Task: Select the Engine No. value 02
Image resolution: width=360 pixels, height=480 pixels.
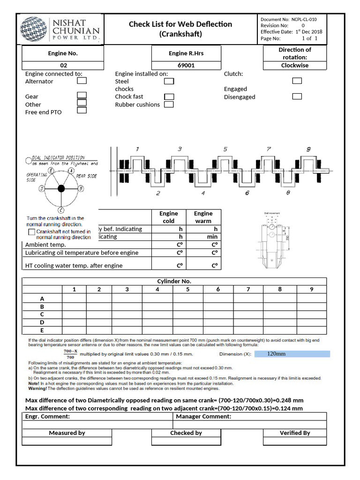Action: point(63,66)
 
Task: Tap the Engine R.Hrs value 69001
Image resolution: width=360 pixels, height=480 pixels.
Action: point(186,66)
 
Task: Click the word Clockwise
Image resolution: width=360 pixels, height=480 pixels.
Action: point(294,66)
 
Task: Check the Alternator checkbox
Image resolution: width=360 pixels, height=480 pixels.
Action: point(82,81)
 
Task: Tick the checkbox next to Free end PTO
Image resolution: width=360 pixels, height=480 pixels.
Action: point(82,111)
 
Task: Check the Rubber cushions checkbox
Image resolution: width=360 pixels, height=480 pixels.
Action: point(169,105)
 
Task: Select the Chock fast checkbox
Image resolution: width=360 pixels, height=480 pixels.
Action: point(169,97)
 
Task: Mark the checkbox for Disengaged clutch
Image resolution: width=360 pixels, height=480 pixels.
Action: point(297,97)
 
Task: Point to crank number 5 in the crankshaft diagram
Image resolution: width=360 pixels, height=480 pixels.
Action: point(225,150)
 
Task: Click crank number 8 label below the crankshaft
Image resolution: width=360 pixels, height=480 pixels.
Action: point(288,193)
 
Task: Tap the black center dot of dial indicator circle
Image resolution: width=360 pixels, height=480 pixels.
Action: point(61,188)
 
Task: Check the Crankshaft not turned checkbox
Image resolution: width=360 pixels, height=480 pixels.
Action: point(31,232)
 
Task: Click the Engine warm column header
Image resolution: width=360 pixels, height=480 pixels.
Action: point(203,217)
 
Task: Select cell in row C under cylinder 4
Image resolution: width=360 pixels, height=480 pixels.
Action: point(157,315)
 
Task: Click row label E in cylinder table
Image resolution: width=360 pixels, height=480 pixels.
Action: point(42,330)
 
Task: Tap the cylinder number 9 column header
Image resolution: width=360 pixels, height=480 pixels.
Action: point(311,289)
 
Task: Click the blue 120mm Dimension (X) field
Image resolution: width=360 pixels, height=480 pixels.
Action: point(292,354)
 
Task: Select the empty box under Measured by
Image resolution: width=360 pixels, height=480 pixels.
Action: point(67,441)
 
